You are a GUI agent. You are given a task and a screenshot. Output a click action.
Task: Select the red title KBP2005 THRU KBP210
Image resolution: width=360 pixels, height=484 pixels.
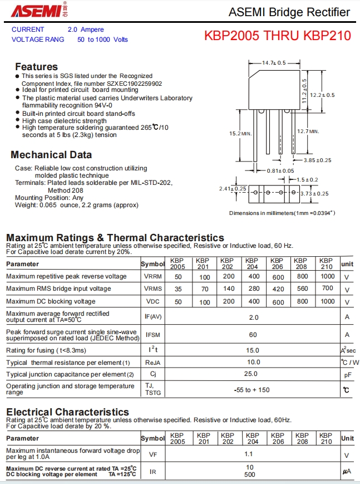278,36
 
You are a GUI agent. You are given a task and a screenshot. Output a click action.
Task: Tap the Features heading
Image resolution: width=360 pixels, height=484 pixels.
36,66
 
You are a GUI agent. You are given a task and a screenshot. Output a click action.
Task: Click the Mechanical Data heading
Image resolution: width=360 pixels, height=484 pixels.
51,155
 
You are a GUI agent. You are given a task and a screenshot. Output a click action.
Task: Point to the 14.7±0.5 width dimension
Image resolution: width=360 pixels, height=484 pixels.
274,63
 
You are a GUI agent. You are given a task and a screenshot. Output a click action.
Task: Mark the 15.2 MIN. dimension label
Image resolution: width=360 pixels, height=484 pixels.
240,134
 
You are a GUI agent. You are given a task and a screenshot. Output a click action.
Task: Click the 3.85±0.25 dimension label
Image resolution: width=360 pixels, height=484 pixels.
317,160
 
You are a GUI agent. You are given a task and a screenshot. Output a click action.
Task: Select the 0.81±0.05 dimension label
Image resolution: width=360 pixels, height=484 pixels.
280,170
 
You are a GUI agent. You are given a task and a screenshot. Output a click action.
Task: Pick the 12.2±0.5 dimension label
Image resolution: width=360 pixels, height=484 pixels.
323,95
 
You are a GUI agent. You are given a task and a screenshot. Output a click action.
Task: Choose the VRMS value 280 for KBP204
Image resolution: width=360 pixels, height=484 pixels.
254,289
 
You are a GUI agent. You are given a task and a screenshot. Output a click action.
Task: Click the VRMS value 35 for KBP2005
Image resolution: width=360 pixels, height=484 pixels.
178,289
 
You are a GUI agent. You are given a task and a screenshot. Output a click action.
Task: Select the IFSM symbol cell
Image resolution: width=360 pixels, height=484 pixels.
153,335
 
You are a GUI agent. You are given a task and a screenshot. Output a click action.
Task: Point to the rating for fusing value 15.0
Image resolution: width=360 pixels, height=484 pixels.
253,350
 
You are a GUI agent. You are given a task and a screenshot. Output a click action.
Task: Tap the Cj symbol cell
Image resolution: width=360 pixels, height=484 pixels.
153,374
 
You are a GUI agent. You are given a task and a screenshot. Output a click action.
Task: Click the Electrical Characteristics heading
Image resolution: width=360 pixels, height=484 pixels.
67,412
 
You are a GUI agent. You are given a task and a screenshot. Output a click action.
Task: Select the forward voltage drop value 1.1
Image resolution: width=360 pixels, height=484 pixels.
249,454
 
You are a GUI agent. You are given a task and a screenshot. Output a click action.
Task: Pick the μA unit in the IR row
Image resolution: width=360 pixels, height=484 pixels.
347,472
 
